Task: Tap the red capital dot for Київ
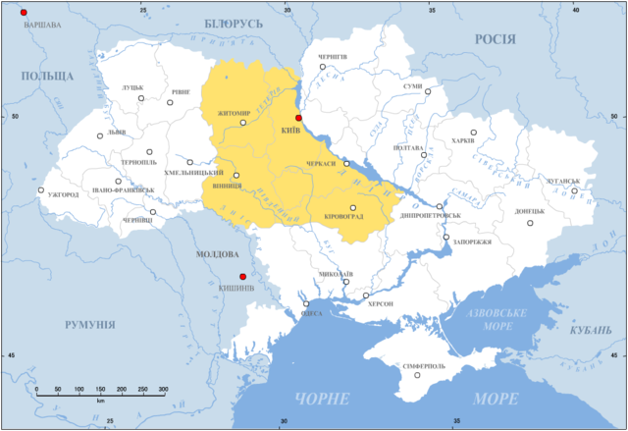(x=299, y=118)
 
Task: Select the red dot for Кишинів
(x=242, y=277)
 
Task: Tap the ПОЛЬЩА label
(x=47, y=76)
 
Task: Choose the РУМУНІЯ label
(x=90, y=325)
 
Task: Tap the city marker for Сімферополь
(x=417, y=374)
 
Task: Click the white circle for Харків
(x=473, y=133)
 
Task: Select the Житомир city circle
(x=243, y=123)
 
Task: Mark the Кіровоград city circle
(x=352, y=208)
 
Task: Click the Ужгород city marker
(x=41, y=189)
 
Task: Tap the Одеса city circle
(x=305, y=304)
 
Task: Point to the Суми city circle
(x=428, y=92)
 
